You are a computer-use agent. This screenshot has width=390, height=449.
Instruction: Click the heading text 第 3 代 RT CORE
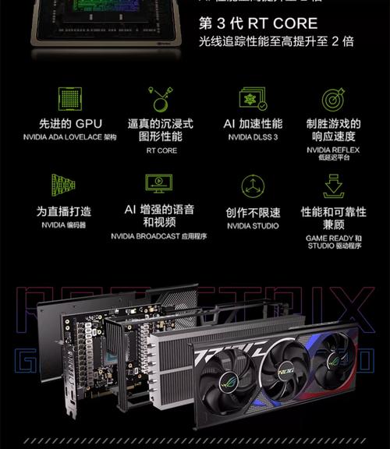coord(258,23)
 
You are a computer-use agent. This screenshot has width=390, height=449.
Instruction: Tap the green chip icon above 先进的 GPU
coord(69,98)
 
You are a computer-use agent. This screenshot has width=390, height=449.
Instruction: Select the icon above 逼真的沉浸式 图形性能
coord(161,99)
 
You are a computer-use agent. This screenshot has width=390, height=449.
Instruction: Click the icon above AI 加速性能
coord(252,99)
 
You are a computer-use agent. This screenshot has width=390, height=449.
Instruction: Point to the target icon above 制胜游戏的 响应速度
coord(333,99)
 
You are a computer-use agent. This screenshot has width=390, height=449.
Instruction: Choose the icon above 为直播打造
coord(63,185)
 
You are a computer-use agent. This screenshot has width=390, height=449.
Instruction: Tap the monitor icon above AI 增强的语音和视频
coord(159,184)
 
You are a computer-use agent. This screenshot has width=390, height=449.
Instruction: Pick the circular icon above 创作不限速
coord(252,186)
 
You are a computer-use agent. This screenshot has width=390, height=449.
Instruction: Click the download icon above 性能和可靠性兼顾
coord(333,186)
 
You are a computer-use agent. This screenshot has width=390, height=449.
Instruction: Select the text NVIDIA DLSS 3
coord(252,137)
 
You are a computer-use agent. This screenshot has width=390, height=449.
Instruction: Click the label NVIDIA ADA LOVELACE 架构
coord(69,137)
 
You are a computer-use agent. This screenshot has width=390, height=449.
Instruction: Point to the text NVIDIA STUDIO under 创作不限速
coord(252,226)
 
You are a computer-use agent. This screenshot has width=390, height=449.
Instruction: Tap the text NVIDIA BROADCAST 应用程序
coord(159,235)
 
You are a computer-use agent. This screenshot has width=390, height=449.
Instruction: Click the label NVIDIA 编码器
coord(64,225)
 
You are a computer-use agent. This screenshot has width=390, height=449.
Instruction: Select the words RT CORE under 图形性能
coord(161,150)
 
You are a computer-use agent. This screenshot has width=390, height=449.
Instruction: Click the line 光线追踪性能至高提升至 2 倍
coord(276,42)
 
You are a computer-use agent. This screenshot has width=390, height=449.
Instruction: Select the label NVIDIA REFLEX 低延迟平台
coord(333,153)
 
